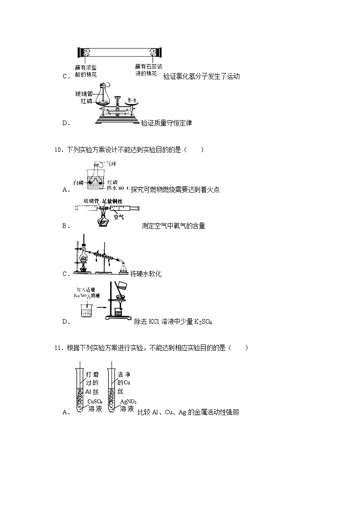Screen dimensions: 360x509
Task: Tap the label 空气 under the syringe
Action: (x=118, y=217)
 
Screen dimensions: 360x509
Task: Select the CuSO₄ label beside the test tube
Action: (x=95, y=402)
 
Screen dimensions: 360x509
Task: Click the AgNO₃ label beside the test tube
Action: (x=128, y=402)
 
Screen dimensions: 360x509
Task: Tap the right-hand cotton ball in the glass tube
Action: (x=157, y=52)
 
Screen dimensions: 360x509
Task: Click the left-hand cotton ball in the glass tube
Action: (x=84, y=52)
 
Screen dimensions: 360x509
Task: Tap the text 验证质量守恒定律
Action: (x=166, y=123)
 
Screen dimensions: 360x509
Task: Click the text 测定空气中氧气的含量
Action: (x=173, y=226)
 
